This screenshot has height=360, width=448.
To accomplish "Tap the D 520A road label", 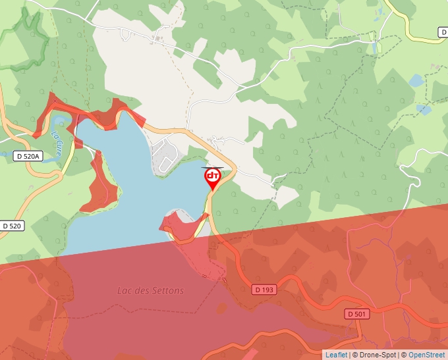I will tap(28, 156).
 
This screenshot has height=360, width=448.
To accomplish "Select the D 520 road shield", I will tap(13, 226).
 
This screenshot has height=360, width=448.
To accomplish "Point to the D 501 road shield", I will tap(356, 314).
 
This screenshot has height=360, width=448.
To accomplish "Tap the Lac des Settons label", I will tap(151, 290).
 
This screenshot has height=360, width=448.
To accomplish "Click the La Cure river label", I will tap(60, 141).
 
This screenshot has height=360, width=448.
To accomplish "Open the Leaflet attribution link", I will tap(336, 355).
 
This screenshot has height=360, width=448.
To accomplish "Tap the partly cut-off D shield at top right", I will tap(443, 32).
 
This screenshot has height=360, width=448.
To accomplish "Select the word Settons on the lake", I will tap(169, 290).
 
